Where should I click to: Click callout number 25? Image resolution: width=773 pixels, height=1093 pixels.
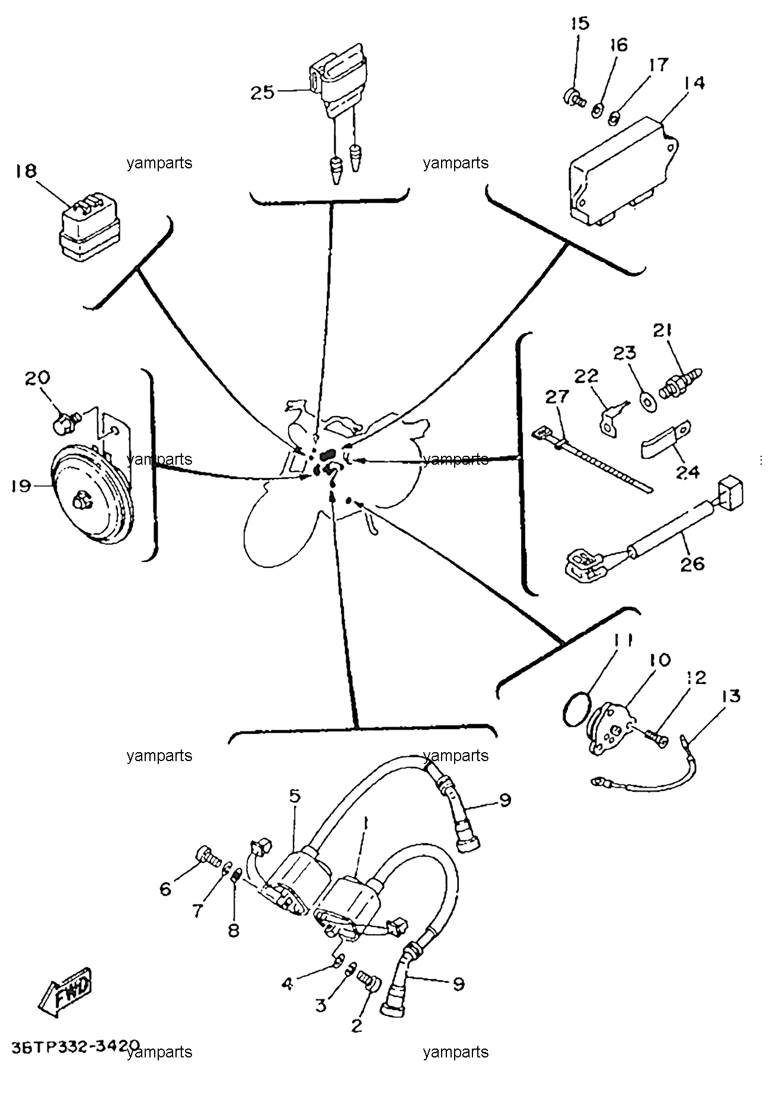pyautogui.click(x=262, y=92)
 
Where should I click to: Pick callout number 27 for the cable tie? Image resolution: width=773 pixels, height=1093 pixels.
pyautogui.click(x=557, y=397)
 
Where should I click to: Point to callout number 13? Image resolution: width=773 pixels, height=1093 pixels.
pyautogui.click(x=731, y=695)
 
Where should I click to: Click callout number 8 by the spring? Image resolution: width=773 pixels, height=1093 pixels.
pyautogui.click(x=234, y=931)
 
